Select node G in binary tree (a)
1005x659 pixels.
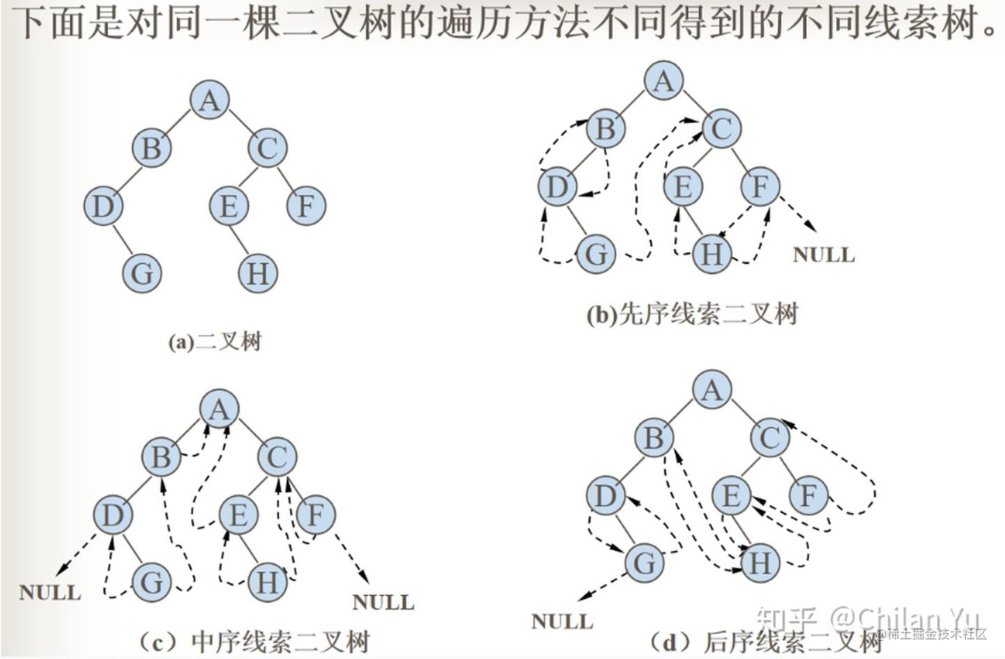click(x=142, y=272)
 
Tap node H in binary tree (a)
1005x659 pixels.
click(x=258, y=273)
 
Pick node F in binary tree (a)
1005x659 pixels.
click(x=306, y=207)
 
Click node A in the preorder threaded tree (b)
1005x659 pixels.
click(x=663, y=80)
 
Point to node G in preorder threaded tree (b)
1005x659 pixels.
click(x=596, y=253)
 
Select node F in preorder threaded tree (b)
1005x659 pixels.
click(x=759, y=186)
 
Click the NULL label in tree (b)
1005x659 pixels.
click(x=824, y=254)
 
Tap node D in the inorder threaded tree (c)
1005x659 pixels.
click(x=113, y=515)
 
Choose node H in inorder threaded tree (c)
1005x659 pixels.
click(x=267, y=582)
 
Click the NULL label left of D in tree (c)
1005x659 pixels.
click(x=50, y=593)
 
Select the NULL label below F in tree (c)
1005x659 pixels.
click(x=383, y=602)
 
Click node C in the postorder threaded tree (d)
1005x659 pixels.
click(x=770, y=438)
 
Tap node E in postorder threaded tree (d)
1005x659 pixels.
click(x=731, y=496)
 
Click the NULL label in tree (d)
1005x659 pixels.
click(x=562, y=621)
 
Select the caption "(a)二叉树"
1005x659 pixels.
click(x=215, y=342)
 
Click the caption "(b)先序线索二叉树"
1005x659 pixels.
click(x=691, y=315)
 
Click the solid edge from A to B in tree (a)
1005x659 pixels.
click(x=180, y=124)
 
